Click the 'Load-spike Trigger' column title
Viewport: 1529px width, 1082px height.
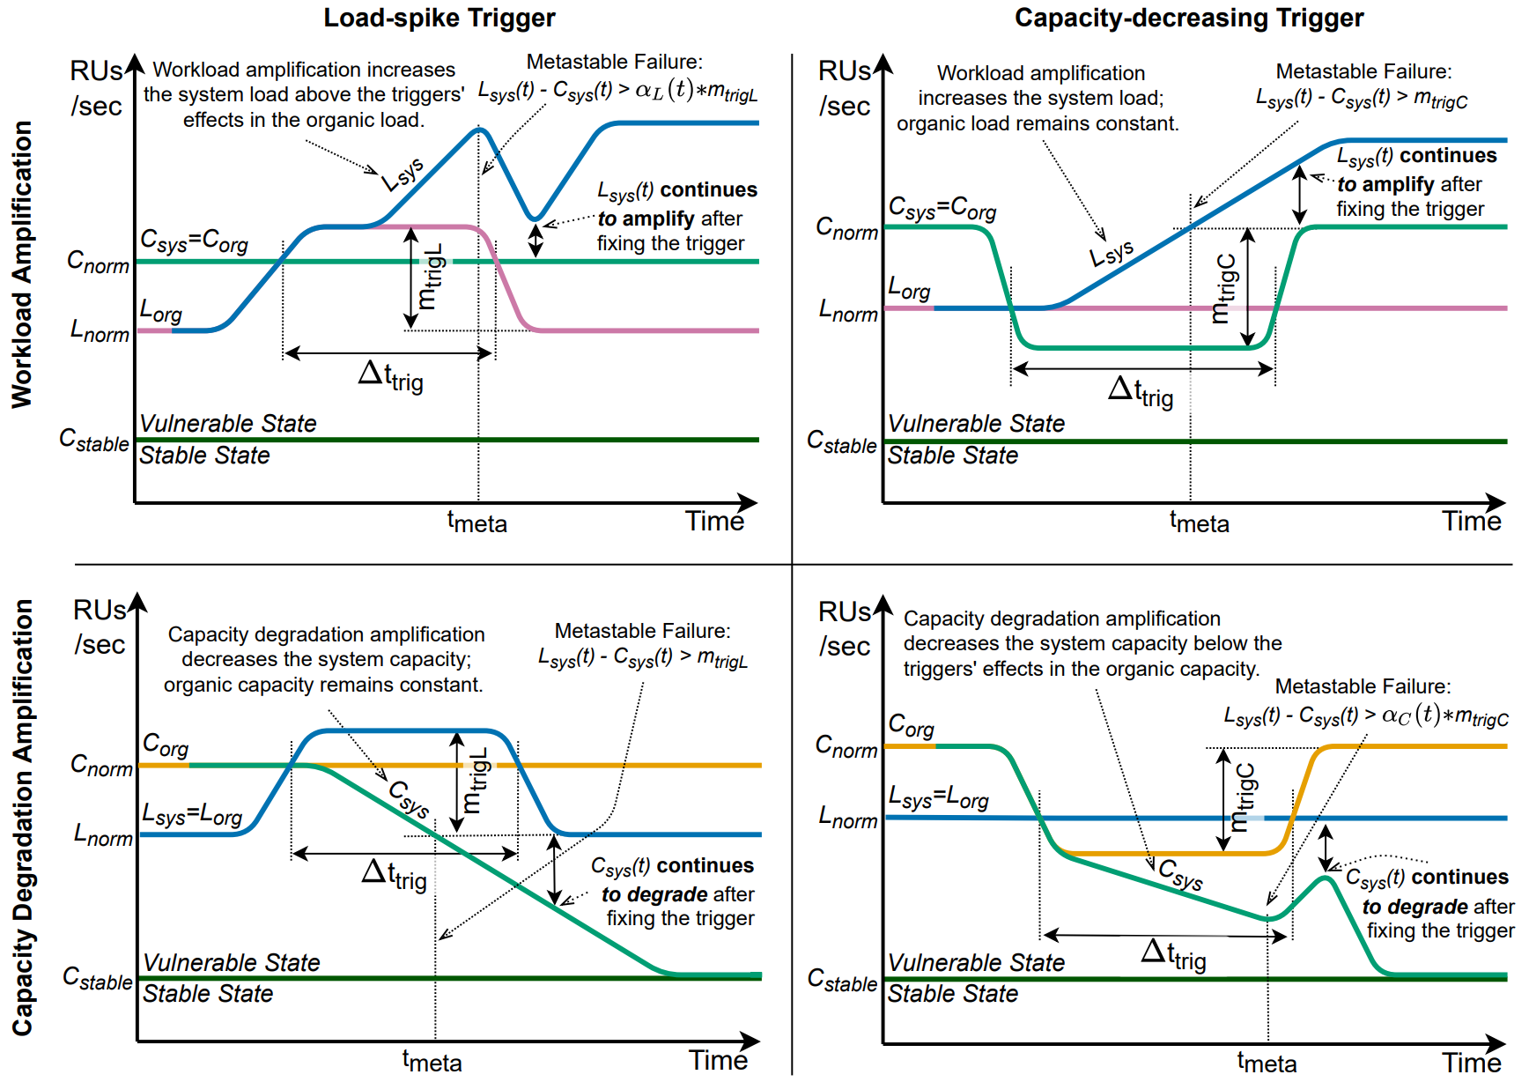pyautogui.click(x=439, y=18)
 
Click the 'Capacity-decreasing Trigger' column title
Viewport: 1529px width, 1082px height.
pyautogui.click(x=1188, y=18)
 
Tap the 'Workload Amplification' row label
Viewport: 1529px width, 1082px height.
pyautogui.click(x=21, y=264)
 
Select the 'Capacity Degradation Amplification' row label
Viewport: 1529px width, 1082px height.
pyautogui.click(x=21, y=817)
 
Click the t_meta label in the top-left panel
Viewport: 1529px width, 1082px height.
pyautogui.click(x=476, y=522)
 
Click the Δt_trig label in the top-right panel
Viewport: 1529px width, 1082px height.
pyautogui.click(x=1141, y=391)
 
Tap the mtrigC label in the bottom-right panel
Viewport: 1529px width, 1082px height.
pyautogui.click(x=1243, y=797)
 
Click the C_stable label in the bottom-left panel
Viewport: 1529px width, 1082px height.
pyautogui.click(x=97, y=978)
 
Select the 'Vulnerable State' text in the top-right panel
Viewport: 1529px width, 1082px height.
pyautogui.click(x=976, y=424)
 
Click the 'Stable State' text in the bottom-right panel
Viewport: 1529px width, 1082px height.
pyautogui.click(x=952, y=994)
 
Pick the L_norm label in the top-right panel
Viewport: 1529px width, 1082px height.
pyautogui.click(x=847, y=311)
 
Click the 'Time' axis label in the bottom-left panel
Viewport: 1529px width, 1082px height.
pyautogui.click(x=718, y=1060)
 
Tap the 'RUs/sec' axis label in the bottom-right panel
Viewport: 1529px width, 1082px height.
pyautogui.click(x=845, y=628)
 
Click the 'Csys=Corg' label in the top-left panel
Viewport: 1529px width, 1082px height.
pyautogui.click(x=194, y=241)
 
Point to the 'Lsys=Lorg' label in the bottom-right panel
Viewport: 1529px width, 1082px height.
pyautogui.click(x=938, y=798)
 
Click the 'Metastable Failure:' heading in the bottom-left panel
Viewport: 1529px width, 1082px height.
pyautogui.click(x=642, y=631)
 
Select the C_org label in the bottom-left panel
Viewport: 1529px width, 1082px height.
pyautogui.click(x=166, y=745)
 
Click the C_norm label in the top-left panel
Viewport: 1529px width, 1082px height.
pyautogui.click(x=98, y=263)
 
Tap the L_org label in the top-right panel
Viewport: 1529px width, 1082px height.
pyautogui.click(x=909, y=288)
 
